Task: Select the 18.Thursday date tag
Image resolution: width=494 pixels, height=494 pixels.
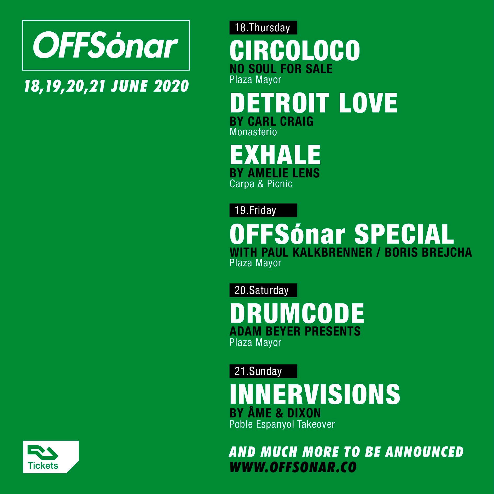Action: coord(263,28)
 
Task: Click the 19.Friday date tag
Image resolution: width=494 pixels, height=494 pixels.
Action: coord(263,210)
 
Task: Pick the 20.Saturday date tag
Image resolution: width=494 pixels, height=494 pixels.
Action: coord(263,290)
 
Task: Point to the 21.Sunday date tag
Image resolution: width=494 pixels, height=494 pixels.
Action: coord(263,371)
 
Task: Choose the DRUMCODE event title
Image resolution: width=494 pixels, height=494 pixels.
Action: coord(297,313)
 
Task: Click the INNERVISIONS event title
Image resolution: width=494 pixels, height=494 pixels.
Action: coord(315,394)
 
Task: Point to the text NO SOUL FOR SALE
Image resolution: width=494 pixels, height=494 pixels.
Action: coord(281,69)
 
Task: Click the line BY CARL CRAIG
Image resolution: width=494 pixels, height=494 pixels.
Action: coord(271,121)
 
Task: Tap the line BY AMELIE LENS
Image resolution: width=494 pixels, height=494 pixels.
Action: coord(275,173)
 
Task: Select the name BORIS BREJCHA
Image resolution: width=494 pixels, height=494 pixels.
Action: coord(428,252)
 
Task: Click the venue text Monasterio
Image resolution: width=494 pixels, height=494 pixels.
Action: coord(253,132)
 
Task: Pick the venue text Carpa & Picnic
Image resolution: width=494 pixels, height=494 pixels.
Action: coord(261,184)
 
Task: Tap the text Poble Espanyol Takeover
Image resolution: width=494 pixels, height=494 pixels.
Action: coord(282,424)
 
